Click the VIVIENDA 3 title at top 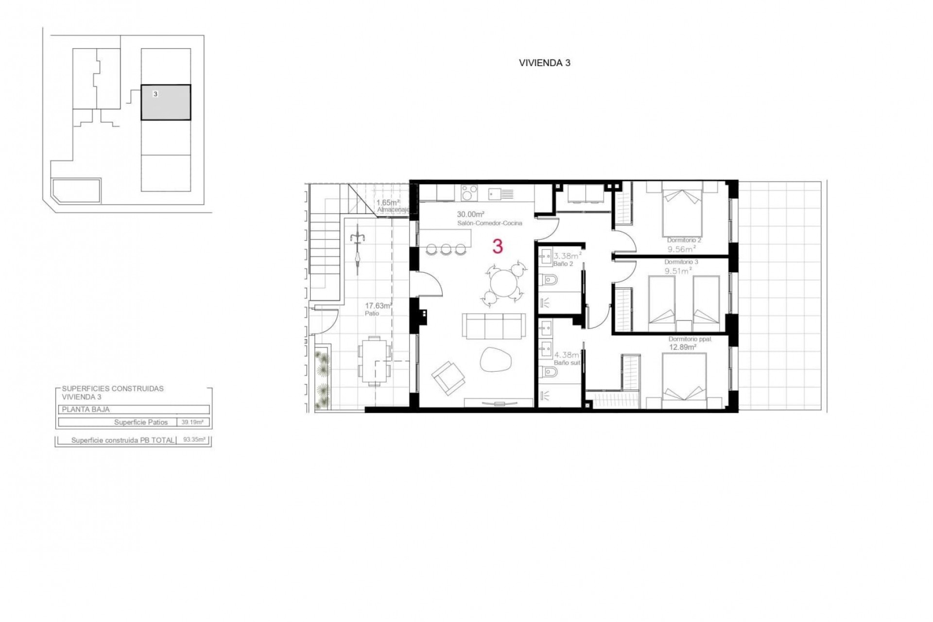point(544,63)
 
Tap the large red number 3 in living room point(497,247)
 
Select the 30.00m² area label point(471,214)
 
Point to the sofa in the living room point(494,326)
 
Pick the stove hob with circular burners point(469,193)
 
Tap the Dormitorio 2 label point(684,240)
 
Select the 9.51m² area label point(678,271)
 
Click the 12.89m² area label point(683,347)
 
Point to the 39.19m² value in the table point(192,422)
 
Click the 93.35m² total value point(194,440)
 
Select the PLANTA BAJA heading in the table point(86,410)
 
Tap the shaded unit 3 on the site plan point(166,103)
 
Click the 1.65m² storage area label point(388,202)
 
